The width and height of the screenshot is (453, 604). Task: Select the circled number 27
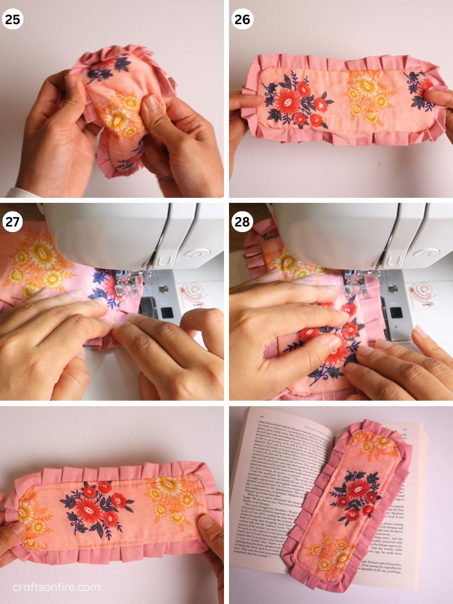click(13, 222)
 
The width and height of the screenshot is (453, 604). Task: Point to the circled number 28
click(242, 222)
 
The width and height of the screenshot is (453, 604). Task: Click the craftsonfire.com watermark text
click(56, 587)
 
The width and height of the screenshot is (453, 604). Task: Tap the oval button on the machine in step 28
click(425, 253)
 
